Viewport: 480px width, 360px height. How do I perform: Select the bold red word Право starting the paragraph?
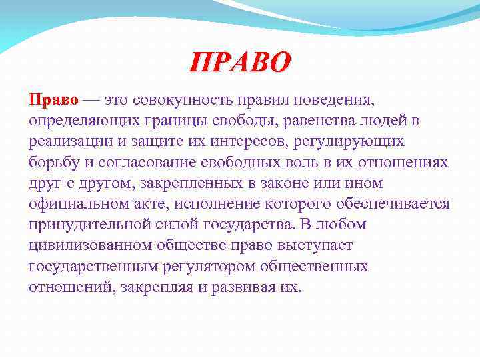(53, 100)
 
